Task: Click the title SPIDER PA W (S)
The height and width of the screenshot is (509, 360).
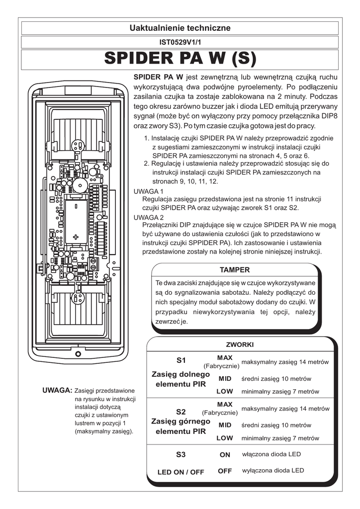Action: pyautogui.click(x=180, y=59)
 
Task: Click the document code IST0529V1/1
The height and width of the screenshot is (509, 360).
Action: pyautogui.click(x=180, y=43)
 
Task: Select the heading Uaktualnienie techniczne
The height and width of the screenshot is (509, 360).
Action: pyautogui.click(x=180, y=28)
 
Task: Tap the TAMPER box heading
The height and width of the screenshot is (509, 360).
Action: pyautogui.click(x=234, y=270)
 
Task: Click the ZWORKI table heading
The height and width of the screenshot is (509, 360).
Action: pyautogui.click(x=240, y=344)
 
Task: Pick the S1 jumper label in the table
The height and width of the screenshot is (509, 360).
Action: pyautogui.click(x=180, y=359)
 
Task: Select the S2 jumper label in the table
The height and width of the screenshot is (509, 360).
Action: pyautogui.click(x=180, y=412)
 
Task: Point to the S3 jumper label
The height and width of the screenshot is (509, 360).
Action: pyautogui.click(x=180, y=454)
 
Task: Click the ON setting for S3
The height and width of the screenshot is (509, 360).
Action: pyautogui.click(x=225, y=454)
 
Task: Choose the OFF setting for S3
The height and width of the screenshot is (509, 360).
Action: pyautogui.click(x=225, y=471)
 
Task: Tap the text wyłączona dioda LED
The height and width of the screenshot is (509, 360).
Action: pyautogui.click(x=273, y=470)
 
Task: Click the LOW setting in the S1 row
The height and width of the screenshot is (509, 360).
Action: pyautogui.click(x=225, y=392)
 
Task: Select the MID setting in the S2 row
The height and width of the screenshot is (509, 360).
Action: pyautogui.click(x=225, y=425)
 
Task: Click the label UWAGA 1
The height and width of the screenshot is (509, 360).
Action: pyautogui.click(x=149, y=191)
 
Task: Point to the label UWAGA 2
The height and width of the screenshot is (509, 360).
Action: pyautogui.click(x=149, y=217)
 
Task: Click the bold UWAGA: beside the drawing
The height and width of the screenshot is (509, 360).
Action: pyautogui.click(x=58, y=391)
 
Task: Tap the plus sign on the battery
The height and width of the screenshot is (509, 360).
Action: pyautogui.click(x=76, y=236)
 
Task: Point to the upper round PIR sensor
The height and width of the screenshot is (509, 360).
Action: pyautogui.click(x=77, y=145)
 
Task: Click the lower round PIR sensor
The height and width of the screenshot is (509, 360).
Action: pyautogui.click(x=77, y=298)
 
